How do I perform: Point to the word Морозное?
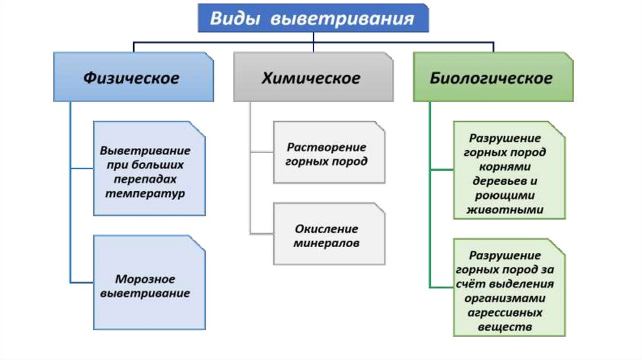click(145, 278)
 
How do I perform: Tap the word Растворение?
click(326, 147)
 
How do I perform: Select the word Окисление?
click(326, 229)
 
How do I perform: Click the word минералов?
click(326, 243)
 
